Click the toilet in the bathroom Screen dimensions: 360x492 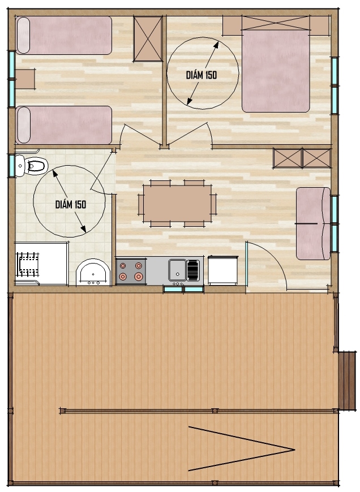31,165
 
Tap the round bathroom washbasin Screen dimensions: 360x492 93,273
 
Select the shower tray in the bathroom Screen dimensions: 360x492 41,264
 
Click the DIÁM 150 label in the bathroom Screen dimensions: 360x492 71,205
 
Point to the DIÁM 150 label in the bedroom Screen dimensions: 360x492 202,75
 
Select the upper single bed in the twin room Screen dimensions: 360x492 64,36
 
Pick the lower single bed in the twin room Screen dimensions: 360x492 64,125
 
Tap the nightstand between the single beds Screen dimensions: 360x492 25,79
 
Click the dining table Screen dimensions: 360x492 178,204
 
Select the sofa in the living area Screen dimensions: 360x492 313,223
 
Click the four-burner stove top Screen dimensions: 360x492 131,271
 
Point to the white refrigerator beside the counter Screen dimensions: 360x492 222,270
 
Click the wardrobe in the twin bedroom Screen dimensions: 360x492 148,38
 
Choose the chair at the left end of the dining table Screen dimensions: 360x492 140,205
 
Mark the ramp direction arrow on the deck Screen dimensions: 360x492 241,448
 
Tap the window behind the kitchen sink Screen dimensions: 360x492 183,289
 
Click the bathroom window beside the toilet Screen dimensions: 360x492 12,166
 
